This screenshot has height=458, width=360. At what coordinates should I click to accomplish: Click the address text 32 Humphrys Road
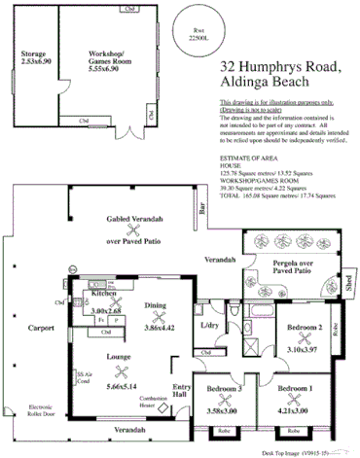280,67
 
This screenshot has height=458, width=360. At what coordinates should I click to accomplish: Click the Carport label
40,328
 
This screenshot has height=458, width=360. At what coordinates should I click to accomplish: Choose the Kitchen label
104,292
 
